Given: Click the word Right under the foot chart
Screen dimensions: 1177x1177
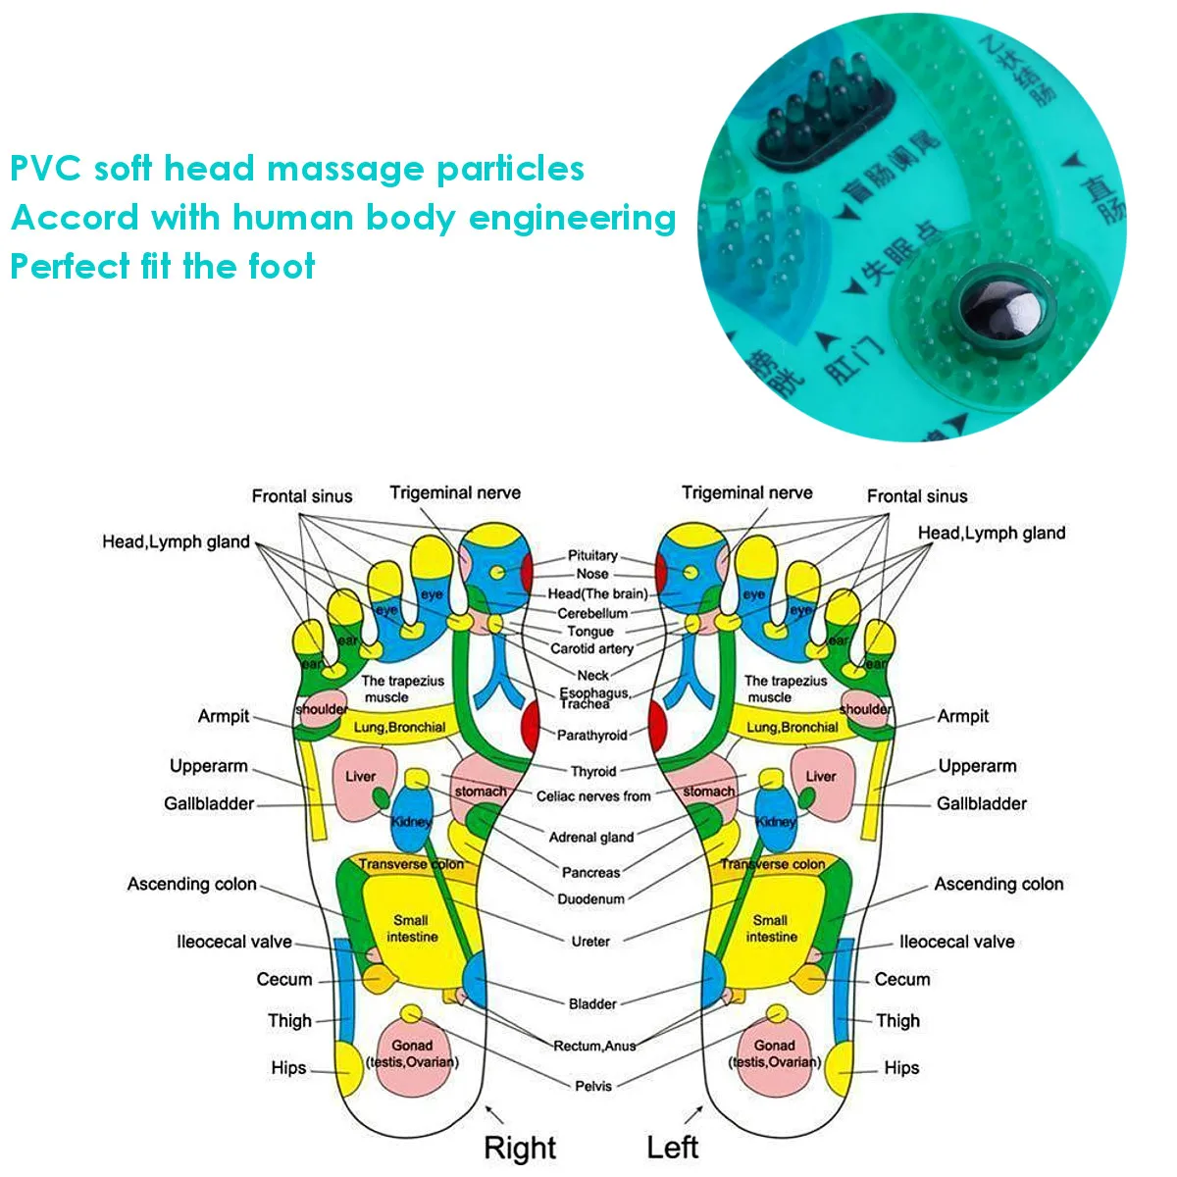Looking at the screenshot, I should click(x=520, y=1148).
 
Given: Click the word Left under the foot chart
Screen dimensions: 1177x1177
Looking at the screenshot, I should click(x=672, y=1147).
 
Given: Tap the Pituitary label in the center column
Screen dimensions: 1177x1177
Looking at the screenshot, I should click(x=592, y=555).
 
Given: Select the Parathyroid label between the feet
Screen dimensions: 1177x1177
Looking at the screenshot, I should click(x=591, y=735).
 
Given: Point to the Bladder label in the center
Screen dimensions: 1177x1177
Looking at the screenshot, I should click(x=592, y=1003).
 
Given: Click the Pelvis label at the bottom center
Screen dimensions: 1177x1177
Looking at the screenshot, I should click(x=593, y=1086).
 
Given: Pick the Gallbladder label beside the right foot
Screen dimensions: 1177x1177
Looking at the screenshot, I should click(x=209, y=803).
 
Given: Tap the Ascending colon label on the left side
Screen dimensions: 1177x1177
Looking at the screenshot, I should click(x=192, y=884).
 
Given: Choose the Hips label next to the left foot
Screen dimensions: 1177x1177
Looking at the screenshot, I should click(x=901, y=1067).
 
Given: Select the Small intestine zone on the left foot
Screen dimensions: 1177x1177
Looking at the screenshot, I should click(x=771, y=928).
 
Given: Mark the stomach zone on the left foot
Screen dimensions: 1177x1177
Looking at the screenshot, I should click(x=708, y=791).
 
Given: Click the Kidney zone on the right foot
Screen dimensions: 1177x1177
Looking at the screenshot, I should click(x=411, y=822).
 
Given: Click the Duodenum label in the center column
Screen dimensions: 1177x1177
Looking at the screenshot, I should click(x=590, y=898).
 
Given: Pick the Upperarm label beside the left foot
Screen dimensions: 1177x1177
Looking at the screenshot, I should click(x=977, y=766).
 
